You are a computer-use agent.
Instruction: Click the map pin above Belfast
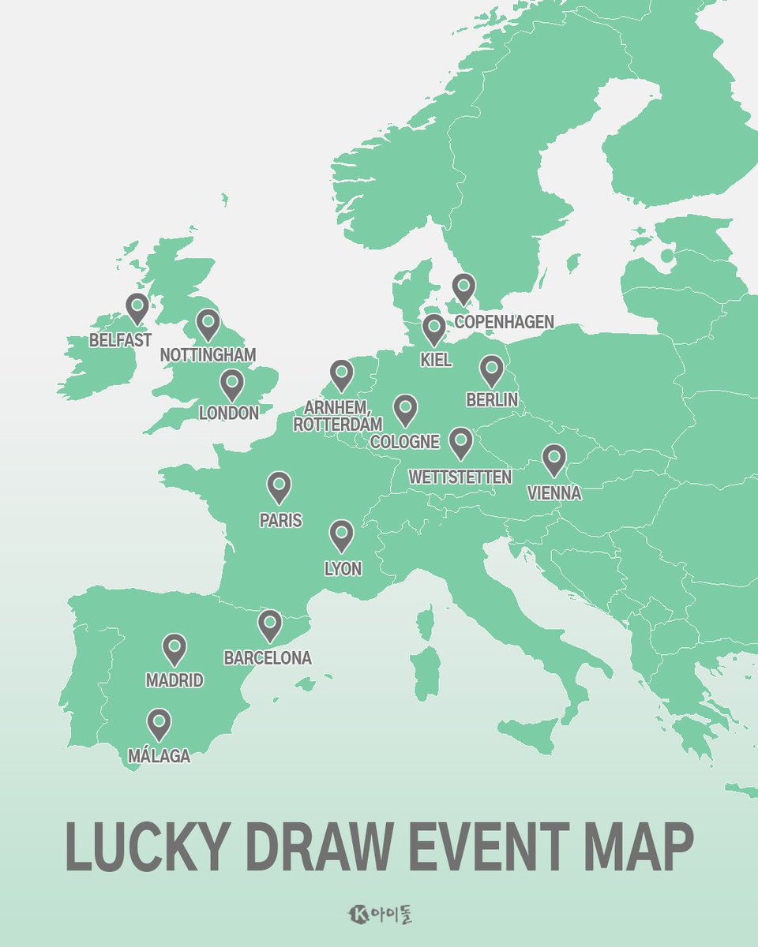(137, 307)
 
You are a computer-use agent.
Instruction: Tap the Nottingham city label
(208, 355)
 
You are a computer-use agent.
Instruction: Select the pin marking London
(231, 384)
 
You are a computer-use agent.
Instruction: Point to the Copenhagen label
(504, 322)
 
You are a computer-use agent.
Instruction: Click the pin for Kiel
(433, 328)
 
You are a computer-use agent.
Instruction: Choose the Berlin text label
(492, 400)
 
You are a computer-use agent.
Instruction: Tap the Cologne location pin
(405, 409)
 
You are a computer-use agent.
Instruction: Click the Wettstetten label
(460, 477)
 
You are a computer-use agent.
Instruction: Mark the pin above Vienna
(553, 459)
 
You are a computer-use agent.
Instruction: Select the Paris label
(280, 521)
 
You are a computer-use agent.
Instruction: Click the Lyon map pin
(341, 535)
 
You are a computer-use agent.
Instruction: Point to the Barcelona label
(268, 657)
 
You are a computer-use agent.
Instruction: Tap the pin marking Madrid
(174, 648)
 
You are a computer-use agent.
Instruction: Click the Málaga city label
(159, 756)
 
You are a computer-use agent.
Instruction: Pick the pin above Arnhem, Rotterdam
(341, 375)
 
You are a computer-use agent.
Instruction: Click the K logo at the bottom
(358, 915)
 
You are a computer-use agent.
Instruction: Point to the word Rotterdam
(337, 425)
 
